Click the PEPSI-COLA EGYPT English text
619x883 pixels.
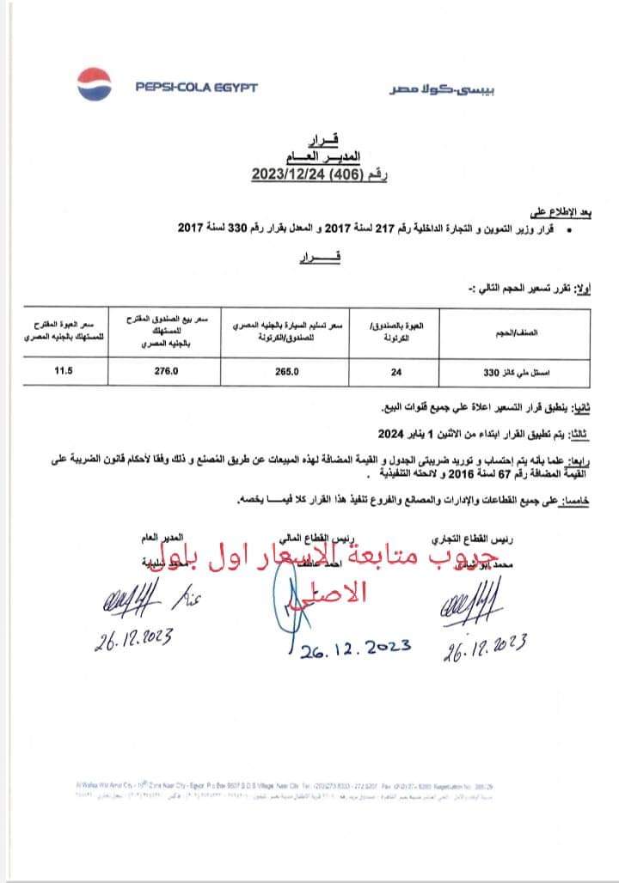pos(196,87)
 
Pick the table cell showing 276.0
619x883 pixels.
pos(163,372)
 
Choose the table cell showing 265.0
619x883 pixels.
pos(288,372)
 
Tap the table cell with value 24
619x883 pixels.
pos(395,372)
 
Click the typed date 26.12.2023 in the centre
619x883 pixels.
pos(355,649)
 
